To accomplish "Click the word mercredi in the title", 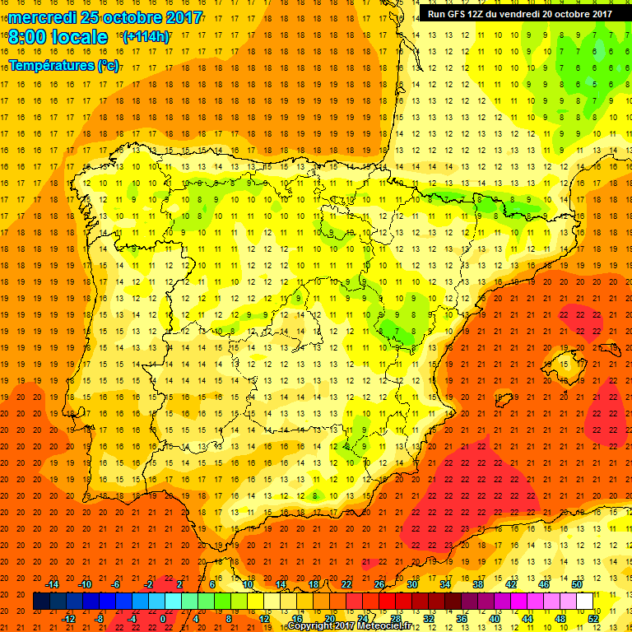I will coord(42,17).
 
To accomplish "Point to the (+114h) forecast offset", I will coord(146,37).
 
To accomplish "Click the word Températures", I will coord(52,64).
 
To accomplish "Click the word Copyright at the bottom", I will coord(312,626).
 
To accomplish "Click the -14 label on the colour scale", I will coord(53,583).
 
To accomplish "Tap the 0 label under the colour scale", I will coord(163,619).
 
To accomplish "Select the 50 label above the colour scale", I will coord(577,583).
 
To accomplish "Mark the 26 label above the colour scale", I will coord(379,583).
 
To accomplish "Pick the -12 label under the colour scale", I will coord(69,619).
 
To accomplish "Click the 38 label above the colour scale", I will coord(478,583).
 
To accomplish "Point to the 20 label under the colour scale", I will coord(329,619).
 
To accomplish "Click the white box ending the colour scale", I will coord(585,602).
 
